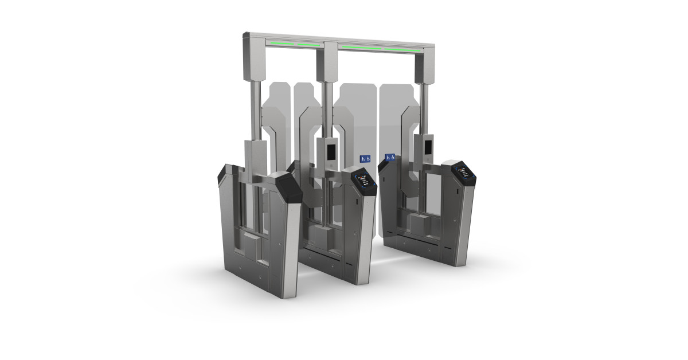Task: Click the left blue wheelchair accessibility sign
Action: [364, 158]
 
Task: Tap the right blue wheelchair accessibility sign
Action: [390, 157]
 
